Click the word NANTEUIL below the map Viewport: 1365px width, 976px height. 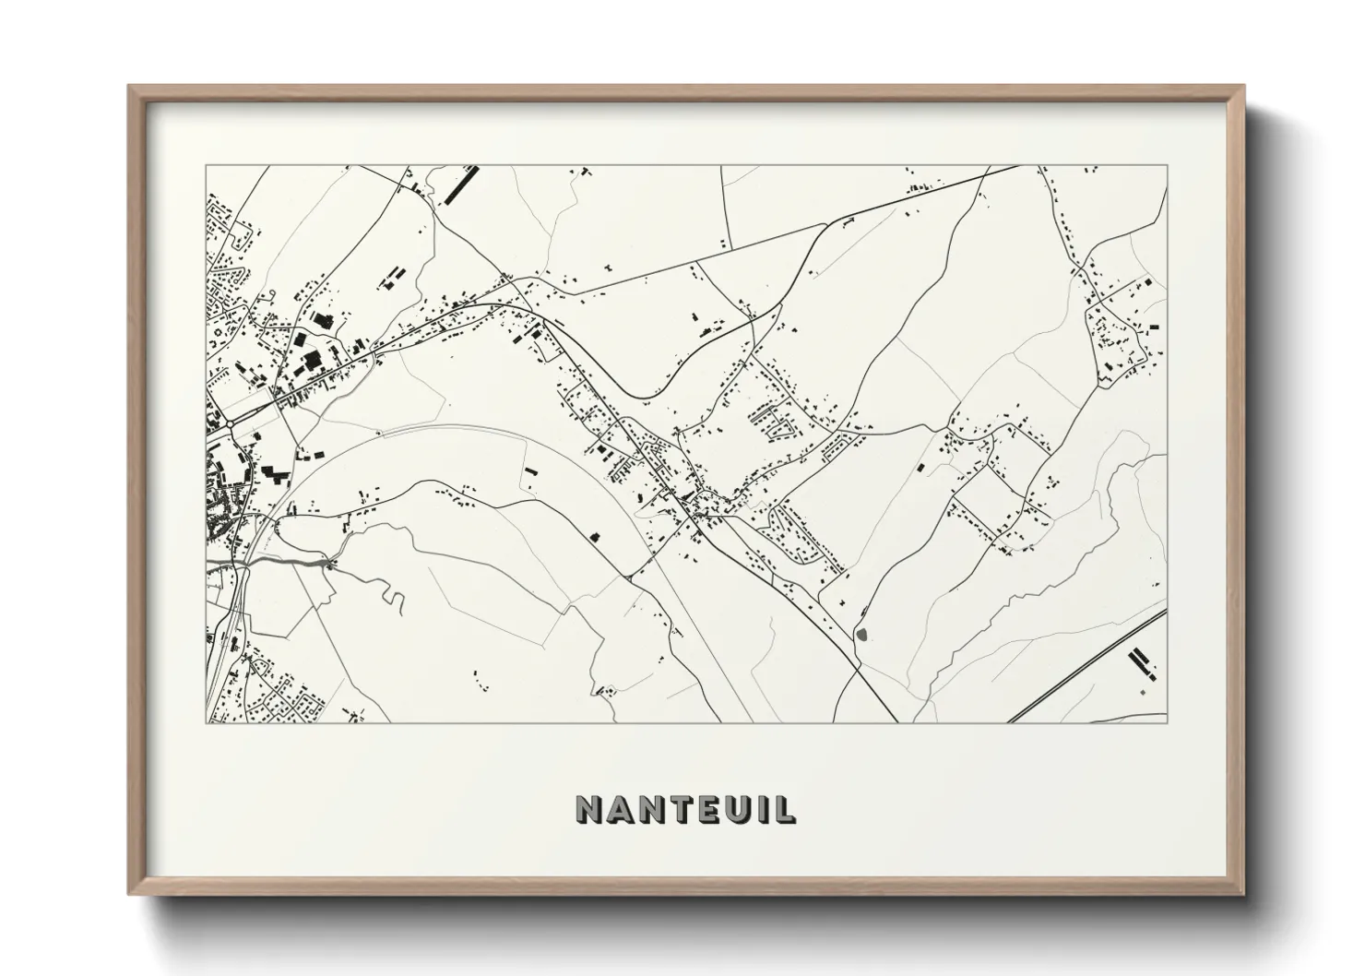686,808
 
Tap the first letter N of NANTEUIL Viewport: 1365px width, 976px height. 590,808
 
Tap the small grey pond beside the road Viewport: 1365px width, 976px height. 862,635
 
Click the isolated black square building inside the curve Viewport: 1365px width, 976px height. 594,535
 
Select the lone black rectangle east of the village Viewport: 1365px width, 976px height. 920,469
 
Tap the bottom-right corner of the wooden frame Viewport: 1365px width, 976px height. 1242,892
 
